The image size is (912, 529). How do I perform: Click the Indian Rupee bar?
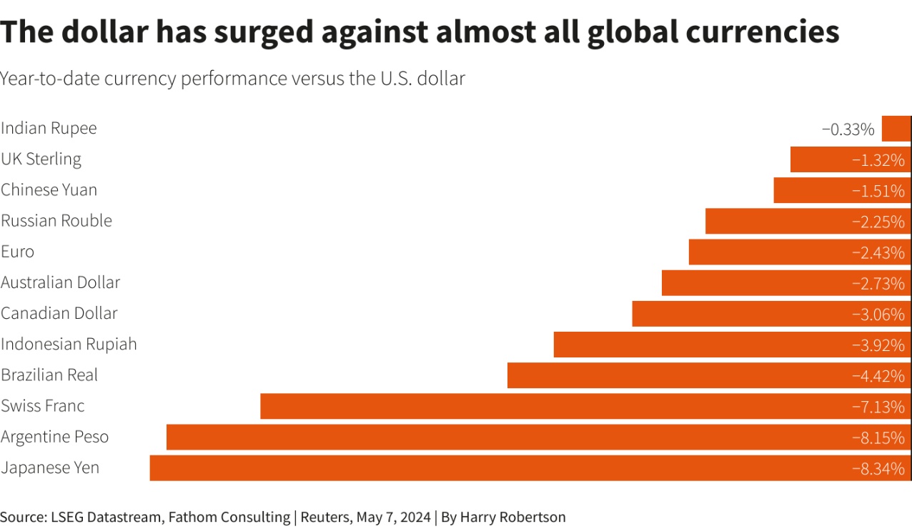[896, 129]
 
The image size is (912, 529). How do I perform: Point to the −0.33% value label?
[848, 129]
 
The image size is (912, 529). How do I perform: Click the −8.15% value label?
[878, 437]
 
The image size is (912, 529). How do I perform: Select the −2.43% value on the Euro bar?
[878, 252]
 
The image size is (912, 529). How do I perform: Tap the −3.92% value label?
[878, 345]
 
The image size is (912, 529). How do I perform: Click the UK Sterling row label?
[41, 159]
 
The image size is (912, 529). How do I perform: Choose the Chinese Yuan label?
[49, 190]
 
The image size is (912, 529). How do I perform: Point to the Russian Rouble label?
[56, 221]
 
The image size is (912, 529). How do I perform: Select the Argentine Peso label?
[55, 437]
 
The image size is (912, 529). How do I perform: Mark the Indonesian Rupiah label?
[69, 345]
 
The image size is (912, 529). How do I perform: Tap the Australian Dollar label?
[60, 282]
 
